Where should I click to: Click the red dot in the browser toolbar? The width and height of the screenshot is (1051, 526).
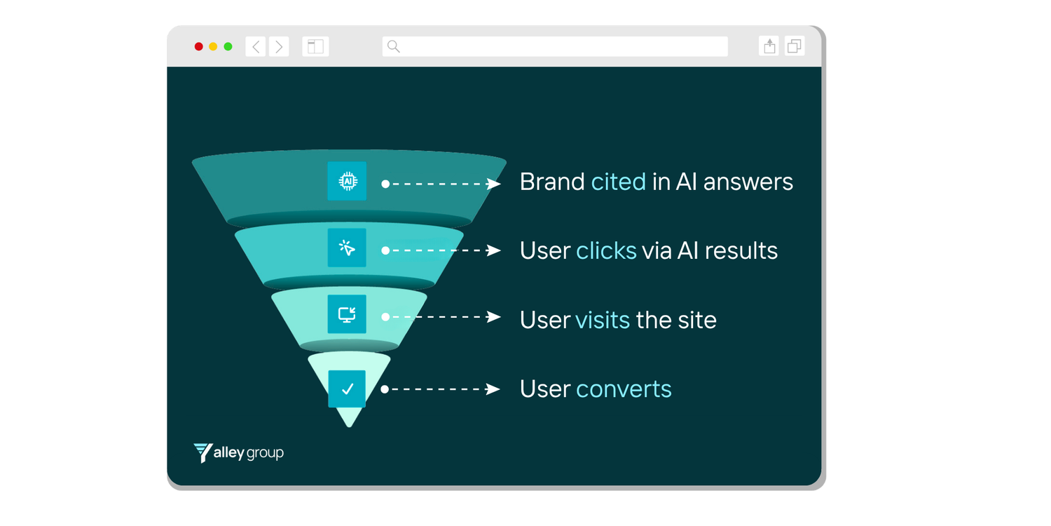199,47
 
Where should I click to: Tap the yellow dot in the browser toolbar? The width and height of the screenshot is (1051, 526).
213,47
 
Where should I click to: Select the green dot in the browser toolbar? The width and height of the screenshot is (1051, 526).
228,47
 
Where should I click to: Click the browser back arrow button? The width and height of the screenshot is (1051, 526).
256,47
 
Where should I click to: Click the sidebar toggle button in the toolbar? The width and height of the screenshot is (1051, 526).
315,47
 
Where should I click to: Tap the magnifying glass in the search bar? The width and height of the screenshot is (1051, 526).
394,47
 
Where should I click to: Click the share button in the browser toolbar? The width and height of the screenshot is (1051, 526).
769,46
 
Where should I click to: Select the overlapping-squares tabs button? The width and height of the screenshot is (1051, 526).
795,46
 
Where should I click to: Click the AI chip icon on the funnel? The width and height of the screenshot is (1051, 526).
347,181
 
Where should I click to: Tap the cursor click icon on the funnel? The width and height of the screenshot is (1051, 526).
347,248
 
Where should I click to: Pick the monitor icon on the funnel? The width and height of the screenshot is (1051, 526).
347,314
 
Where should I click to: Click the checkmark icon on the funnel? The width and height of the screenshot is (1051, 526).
347,389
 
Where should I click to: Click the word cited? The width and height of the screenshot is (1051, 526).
618,182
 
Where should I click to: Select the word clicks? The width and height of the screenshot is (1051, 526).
606,250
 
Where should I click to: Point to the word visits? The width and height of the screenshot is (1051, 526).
603,320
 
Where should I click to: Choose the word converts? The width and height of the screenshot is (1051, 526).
624,389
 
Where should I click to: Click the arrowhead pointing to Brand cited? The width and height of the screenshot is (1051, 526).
495,184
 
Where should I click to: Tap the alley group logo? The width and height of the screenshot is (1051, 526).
239,453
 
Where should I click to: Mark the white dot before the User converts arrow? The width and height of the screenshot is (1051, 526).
385,389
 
